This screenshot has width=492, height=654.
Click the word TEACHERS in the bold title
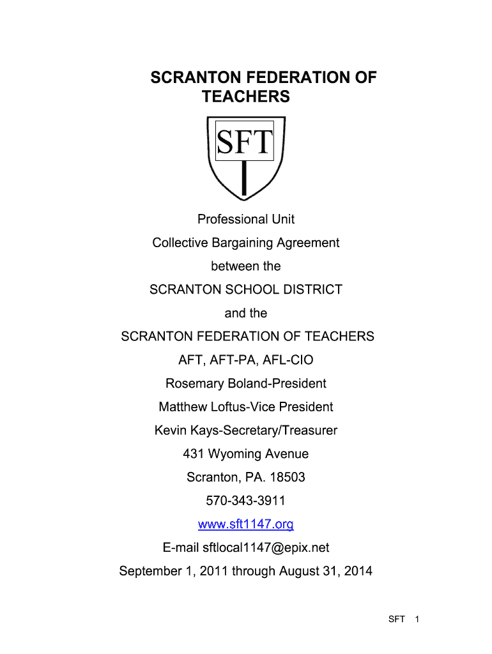point(245,97)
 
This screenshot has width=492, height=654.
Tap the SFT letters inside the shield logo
point(245,142)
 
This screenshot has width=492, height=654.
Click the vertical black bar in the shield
point(244,179)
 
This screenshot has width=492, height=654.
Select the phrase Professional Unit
point(246,220)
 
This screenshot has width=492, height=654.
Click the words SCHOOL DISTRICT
point(282,290)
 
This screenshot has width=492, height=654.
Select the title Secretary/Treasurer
point(288,431)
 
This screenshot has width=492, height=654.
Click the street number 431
point(193,454)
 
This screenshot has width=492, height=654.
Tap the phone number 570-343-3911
point(246,501)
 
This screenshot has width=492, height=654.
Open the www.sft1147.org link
point(246,524)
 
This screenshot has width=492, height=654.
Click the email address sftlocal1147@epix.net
point(266,548)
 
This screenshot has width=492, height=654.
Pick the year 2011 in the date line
point(214,571)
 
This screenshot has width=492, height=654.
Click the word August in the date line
point(300,571)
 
